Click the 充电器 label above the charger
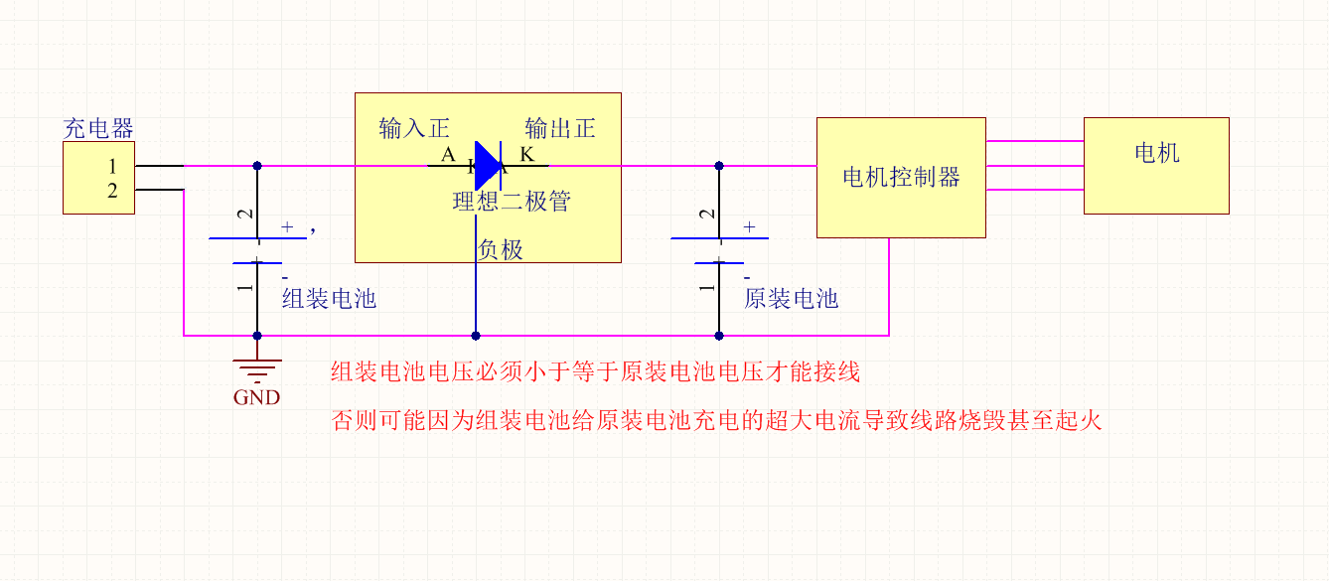(x=98, y=128)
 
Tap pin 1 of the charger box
(x=112, y=166)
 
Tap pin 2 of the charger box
(x=112, y=191)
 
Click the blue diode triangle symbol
(x=488, y=165)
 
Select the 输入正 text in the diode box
(x=414, y=128)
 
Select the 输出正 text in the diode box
(x=560, y=128)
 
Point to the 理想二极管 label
(x=512, y=202)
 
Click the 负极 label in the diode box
(x=501, y=249)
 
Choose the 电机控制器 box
(x=901, y=178)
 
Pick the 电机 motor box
(x=1156, y=165)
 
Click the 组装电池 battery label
(x=329, y=299)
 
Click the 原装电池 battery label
(x=791, y=299)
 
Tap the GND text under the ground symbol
(x=256, y=398)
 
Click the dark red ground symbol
(x=257, y=368)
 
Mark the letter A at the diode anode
(x=448, y=155)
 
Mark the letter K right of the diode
(x=527, y=155)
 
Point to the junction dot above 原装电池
(x=719, y=166)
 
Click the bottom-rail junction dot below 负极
(x=476, y=336)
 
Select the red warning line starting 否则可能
(x=716, y=420)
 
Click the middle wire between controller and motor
(x=1034, y=165)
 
